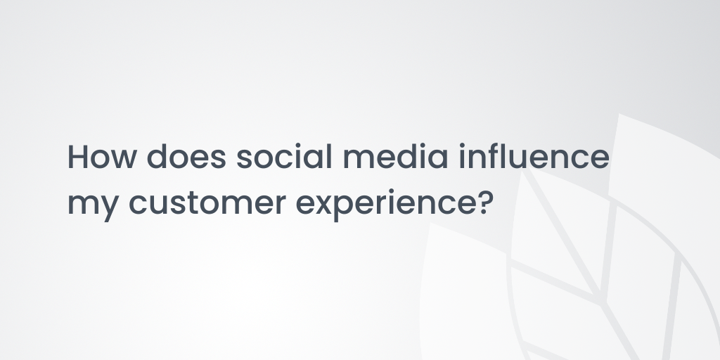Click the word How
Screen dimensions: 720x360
pyautogui.click(x=102, y=157)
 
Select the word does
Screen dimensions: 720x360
pyautogui.click(x=186, y=156)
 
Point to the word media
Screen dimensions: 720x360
pyautogui.click(x=395, y=156)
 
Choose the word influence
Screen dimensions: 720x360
pyautogui.click(x=534, y=156)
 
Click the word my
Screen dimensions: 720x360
pyautogui.click(x=94, y=205)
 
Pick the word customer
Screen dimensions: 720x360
pyautogui.click(x=207, y=202)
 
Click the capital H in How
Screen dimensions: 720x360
pyautogui.click(x=77, y=157)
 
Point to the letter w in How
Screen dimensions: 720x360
pyautogui.click(x=124, y=159)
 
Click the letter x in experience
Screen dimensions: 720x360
pyautogui.click(x=325, y=205)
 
